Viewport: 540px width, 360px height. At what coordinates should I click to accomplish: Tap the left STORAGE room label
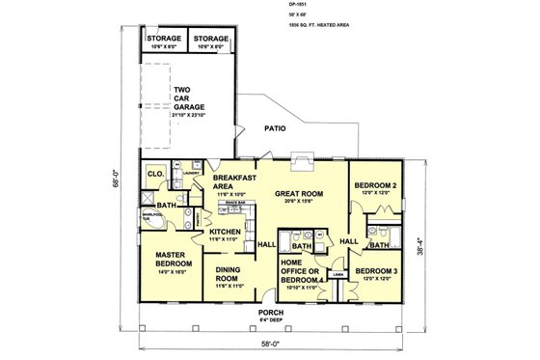(164, 40)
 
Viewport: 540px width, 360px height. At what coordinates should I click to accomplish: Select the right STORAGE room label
(211, 40)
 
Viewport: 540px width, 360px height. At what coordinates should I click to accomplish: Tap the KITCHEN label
(225, 233)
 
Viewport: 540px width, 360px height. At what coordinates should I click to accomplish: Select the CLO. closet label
(155, 174)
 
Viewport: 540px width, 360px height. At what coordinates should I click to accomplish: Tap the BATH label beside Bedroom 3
(380, 245)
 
